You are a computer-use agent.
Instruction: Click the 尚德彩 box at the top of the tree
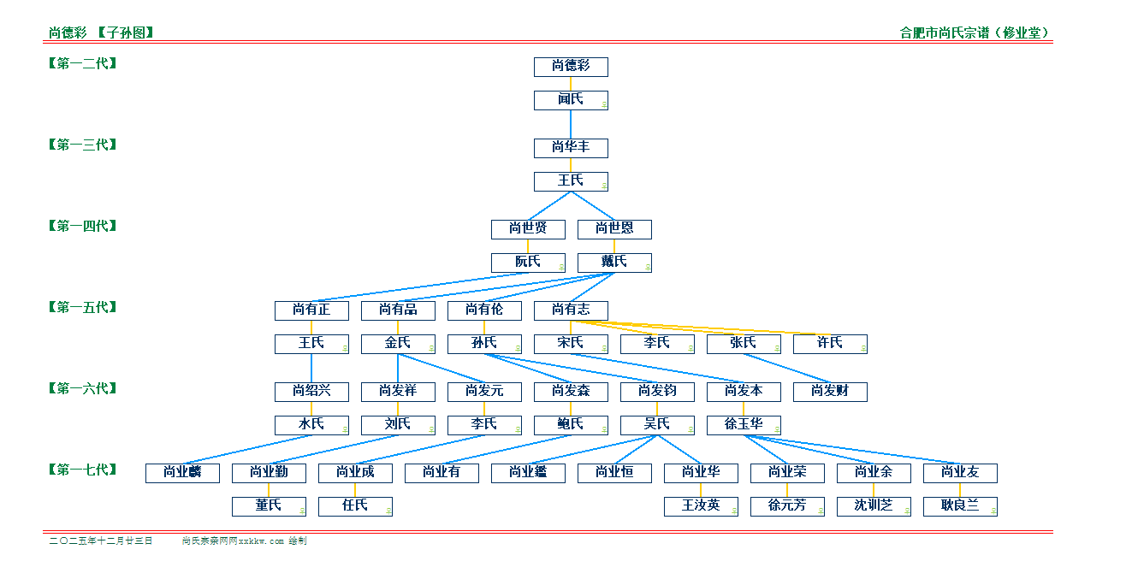[x=571, y=67]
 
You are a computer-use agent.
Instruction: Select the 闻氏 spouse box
[x=571, y=100]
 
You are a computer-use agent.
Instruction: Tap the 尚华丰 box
[x=571, y=148]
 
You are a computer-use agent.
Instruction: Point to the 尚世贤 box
[x=528, y=229]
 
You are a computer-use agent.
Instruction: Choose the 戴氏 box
[x=614, y=263]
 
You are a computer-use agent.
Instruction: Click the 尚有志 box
[x=571, y=310]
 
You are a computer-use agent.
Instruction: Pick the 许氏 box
[x=830, y=344]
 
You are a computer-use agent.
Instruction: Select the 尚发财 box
[x=830, y=392]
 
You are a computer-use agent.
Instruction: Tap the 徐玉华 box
[x=744, y=425]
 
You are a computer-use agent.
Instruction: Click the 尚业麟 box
[x=182, y=473]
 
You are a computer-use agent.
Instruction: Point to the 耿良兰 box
[x=960, y=506]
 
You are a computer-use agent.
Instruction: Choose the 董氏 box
[x=269, y=506]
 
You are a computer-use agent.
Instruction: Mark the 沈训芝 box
[x=874, y=506]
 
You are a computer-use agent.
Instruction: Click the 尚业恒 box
[x=614, y=473]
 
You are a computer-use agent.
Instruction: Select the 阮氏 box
[x=528, y=263]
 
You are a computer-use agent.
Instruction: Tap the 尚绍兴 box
[x=311, y=392]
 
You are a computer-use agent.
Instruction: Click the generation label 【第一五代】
[x=82, y=307]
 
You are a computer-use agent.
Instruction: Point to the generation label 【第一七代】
[x=82, y=470]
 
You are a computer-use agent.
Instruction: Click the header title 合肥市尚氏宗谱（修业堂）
[x=975, y=33]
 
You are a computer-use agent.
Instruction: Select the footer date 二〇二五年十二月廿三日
[x=101, y=541]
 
